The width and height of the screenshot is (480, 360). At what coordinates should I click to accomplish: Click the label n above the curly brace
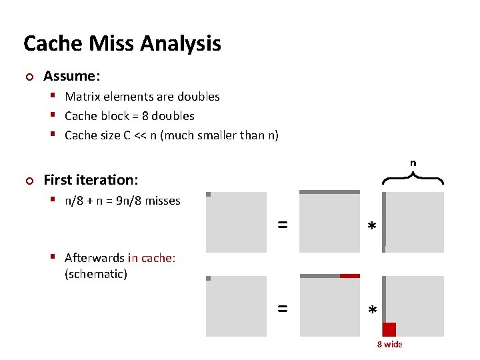[413, 163]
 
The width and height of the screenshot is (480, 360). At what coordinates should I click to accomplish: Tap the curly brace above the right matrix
[414, 177]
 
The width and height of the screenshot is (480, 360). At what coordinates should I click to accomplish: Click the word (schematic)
[96, 274]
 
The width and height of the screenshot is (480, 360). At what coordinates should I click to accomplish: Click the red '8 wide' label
[389, 344]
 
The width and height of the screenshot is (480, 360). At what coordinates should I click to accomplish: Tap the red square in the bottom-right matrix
[389, 329]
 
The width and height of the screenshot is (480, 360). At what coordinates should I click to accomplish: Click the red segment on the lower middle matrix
[349, 275]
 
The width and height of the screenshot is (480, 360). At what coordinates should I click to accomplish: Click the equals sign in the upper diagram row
[282, 225]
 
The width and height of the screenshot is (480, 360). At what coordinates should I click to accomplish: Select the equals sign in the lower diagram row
[282, 309]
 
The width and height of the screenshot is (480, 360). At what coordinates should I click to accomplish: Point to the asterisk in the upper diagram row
[372, 228]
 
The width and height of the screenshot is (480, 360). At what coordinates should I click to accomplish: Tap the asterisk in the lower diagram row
[372, 311]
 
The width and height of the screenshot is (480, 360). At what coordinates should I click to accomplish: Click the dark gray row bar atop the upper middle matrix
[329, 192]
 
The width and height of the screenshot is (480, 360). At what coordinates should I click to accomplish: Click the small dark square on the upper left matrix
[209, 195]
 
